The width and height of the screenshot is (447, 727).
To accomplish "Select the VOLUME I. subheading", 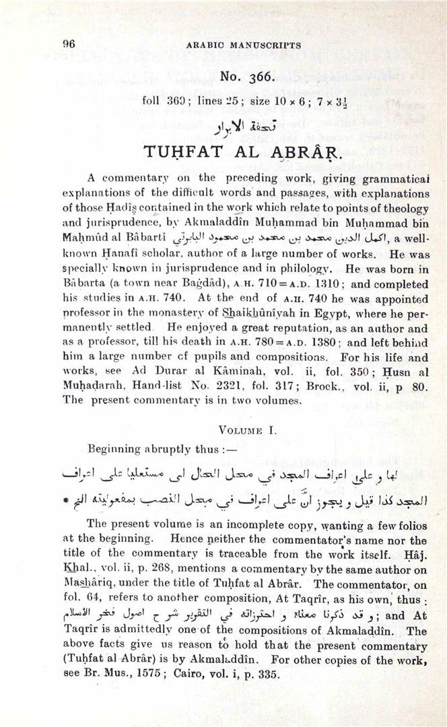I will click(247, 427).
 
